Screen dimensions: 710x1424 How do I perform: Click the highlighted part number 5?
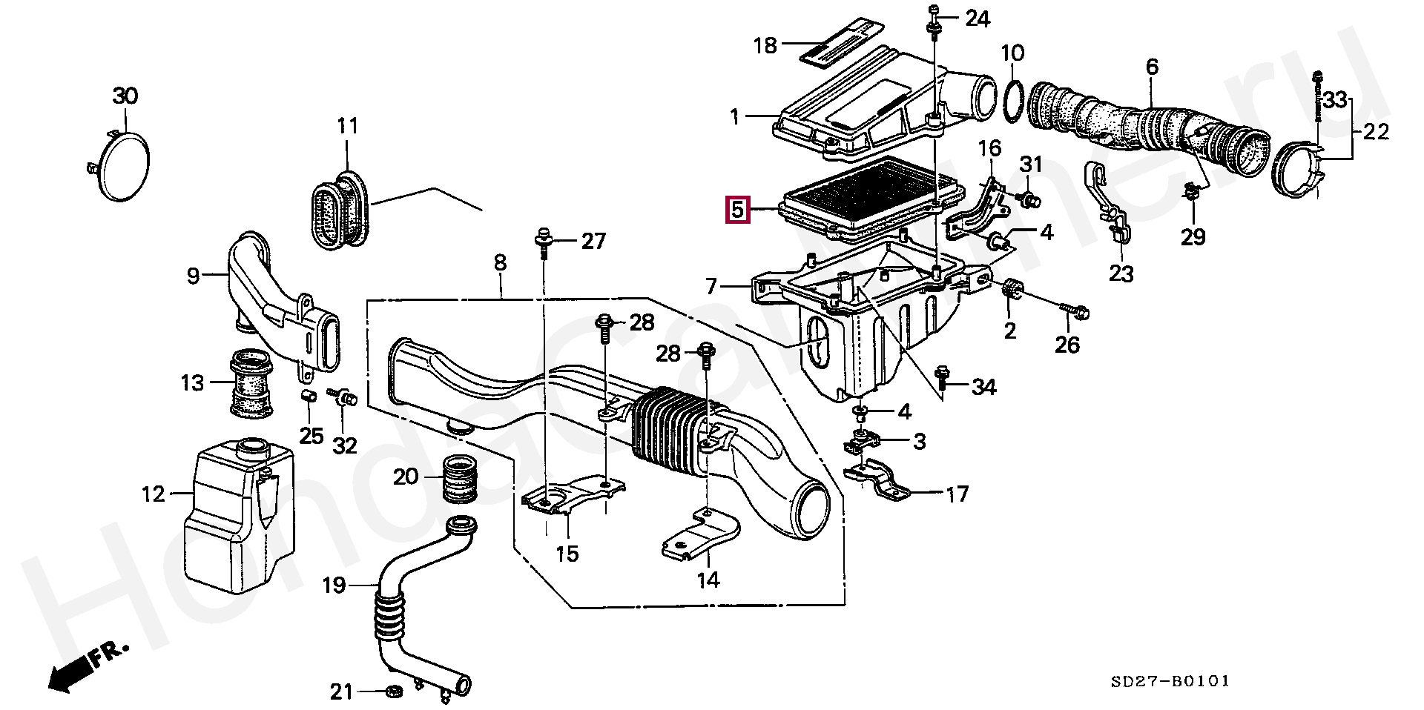click(736, 210)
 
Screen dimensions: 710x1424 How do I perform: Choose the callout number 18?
click(765, 46)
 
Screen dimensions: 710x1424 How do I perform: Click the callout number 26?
click(1067, 344)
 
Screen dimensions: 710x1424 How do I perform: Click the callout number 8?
click(500, 262)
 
